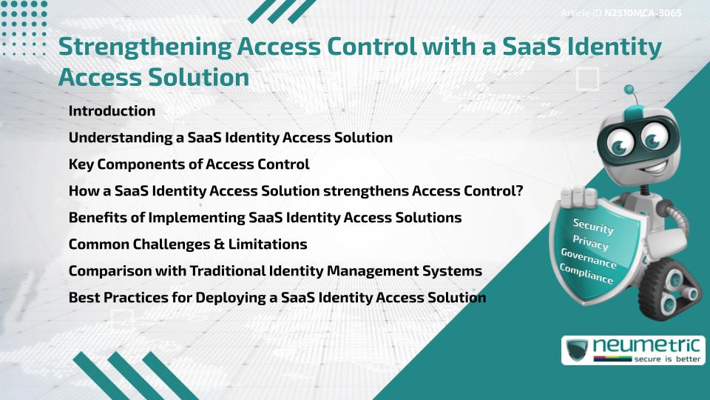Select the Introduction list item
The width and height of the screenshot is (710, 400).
(x=112, y=111)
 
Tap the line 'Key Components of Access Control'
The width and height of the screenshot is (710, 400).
(x=189, y=164)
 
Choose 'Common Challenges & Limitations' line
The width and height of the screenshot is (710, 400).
(x=188, y=244)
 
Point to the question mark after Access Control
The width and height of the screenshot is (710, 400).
(x=519, y=191)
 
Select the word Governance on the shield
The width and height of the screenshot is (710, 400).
(x=588, y=259)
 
